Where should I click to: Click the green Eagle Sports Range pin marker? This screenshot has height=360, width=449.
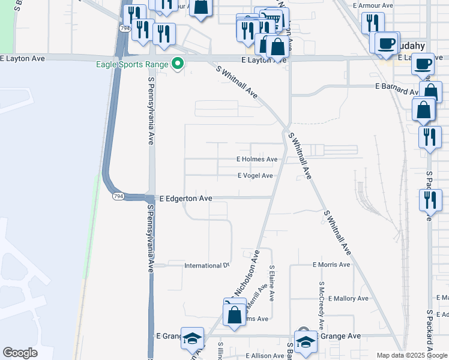(x=177, y=63)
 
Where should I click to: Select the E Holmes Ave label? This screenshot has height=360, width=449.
(x=257, y=160)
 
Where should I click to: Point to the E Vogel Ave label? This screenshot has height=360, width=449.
(x=255, y=176)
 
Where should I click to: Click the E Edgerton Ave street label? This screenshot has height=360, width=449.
(x=185, y=198)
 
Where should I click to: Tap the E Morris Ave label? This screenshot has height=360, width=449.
(x=331, y=265)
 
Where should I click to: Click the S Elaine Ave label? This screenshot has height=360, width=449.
(x=272, y=284)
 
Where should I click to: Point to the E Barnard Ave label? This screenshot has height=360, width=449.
(x=397, y=86)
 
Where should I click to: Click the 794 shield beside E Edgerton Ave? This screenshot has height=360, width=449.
(x=118, y=196)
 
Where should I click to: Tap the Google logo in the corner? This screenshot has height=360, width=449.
(x=20, y=353)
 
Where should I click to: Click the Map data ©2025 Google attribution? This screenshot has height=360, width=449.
(x=412, y=355)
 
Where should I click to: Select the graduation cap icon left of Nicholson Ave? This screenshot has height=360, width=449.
(x=193, y=339)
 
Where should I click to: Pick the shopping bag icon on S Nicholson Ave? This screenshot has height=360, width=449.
(x=234, y=314)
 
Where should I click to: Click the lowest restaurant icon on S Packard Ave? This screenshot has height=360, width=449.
(x=430, y=201)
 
